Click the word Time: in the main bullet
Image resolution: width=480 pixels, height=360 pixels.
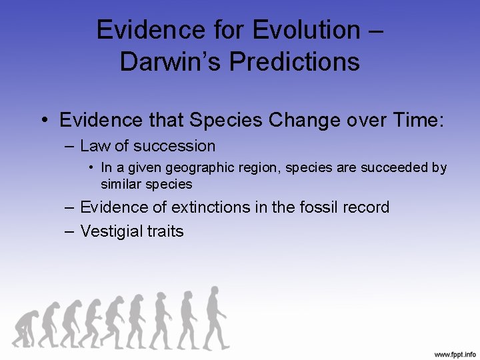pyautogui.click(x=413, y=120)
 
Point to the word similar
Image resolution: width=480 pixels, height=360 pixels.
pyautogui.click(x=121, y=183)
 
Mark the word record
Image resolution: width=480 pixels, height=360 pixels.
pyautogui.click(x=365, y=207)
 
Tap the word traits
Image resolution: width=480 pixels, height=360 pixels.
pyautogui.click(x=166, y=231)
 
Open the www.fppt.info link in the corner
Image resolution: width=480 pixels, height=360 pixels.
pyautogui.click(x=455, y=353)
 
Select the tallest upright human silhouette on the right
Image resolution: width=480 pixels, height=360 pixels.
pyautogui.click(x=215, y=317)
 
